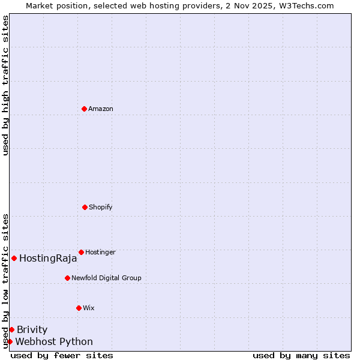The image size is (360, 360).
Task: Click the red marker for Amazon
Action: tap(84, 109)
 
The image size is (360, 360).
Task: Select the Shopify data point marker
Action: tap(85, 207)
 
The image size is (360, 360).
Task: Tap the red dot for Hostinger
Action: tap(81, 252)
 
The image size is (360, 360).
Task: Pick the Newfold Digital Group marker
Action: tap(67, 278)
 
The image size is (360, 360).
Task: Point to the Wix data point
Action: tap(79, 308)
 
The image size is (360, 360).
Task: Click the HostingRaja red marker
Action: tap(14, 258)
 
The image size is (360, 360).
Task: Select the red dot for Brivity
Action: tap(11, 329)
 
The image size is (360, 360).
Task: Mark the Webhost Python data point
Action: tap(10, 341)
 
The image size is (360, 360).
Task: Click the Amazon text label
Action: tap(101, 109)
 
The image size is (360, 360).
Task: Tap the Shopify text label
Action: tap(101, 207)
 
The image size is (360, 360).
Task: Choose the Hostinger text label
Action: tap(100, 252)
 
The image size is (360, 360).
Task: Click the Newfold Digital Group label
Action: tap(106, 278)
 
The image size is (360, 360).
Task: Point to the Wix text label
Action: tap(89, 308)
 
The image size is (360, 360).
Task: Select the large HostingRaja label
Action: tap(48, 259)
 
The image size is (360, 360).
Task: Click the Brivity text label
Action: tap(32, 329)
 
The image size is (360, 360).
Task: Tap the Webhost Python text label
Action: tap(54, 342)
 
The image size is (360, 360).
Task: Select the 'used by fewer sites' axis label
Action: tap(62, 355)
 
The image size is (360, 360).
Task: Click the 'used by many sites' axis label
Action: tap(301, 355)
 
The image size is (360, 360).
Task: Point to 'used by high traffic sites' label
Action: tap(5, 85)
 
